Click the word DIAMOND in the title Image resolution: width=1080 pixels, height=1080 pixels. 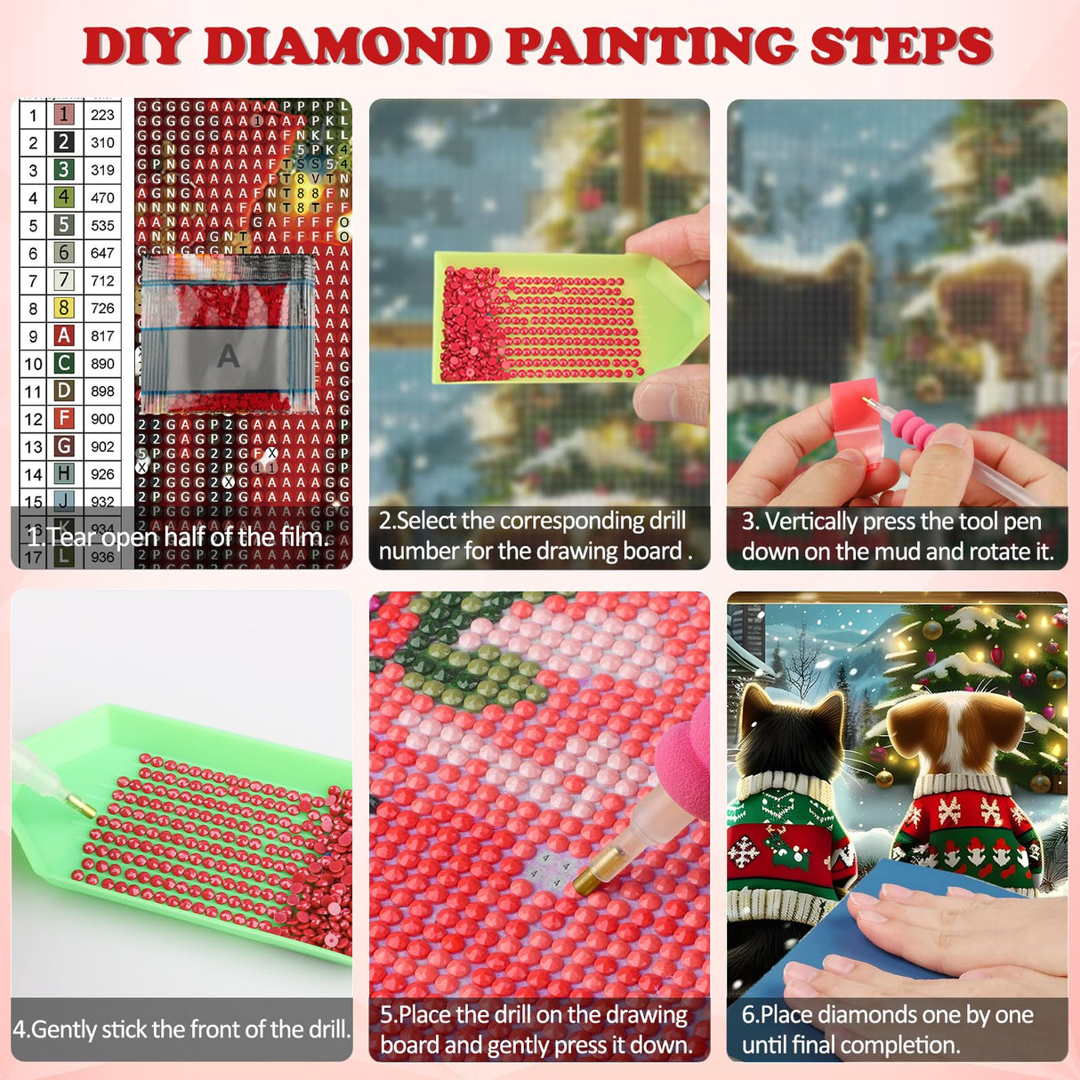[347, 46]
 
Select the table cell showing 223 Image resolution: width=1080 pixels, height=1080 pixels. [102, 115]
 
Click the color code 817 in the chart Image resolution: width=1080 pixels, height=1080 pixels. [102, 335]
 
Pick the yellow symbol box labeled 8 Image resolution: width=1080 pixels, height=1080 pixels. [64, 308]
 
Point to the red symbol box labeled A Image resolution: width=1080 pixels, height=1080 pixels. [64, 335]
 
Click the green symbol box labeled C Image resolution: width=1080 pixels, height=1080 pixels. [64, 363]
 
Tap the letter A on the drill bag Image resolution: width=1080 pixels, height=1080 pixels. [228, 357]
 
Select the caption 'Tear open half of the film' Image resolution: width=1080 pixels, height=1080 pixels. [178, 537]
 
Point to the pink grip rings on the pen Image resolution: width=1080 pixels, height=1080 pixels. [912, 427]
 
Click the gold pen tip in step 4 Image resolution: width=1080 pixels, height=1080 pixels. [82, 806]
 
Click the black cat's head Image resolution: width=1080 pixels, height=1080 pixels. [788, 729]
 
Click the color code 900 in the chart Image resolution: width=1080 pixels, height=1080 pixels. [102, 418]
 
